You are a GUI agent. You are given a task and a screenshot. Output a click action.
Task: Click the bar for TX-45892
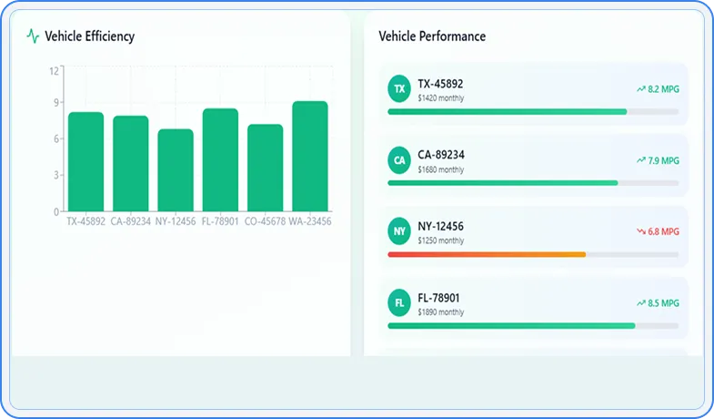point(85,161)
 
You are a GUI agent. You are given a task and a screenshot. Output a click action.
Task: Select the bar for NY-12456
point(175,170)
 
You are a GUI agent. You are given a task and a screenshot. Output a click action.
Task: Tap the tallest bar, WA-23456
point(309,156)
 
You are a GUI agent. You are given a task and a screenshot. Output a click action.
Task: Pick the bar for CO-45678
point(265,168)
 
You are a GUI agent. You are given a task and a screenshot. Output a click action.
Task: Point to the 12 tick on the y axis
point(55,70)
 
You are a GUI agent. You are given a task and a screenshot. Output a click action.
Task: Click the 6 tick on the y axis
point(56,138)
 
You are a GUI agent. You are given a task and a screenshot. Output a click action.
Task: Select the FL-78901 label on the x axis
point(220,221)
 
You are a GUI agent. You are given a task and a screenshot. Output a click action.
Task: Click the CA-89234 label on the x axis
point(131,221)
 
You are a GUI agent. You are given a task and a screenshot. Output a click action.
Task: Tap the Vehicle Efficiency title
point(89,36)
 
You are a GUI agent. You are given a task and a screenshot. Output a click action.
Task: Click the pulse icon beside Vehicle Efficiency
point(33,36)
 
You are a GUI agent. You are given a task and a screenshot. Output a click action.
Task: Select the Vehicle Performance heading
point(432,36)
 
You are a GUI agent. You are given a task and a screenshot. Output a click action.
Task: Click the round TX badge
point(398,88)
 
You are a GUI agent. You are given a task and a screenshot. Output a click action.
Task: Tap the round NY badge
point(398,231)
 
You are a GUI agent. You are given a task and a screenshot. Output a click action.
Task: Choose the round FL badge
point(398,302)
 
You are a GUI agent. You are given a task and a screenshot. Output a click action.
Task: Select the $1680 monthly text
point(440,169)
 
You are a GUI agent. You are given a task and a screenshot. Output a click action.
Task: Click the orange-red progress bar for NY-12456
point(487,254)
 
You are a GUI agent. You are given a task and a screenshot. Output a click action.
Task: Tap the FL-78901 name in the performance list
point(440,298)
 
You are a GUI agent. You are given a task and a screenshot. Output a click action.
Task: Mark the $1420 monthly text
point(440,97)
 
